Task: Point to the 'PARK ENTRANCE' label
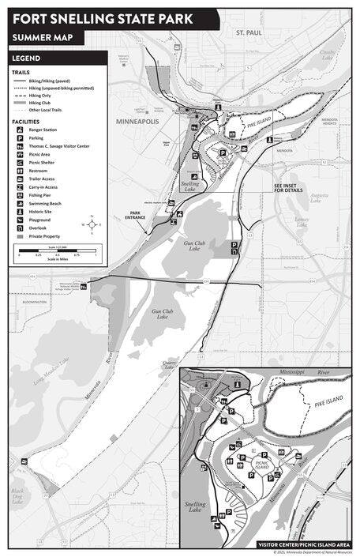coord(141,213)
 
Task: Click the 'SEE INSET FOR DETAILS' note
coord(288,188)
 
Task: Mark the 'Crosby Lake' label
coord(327,55)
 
